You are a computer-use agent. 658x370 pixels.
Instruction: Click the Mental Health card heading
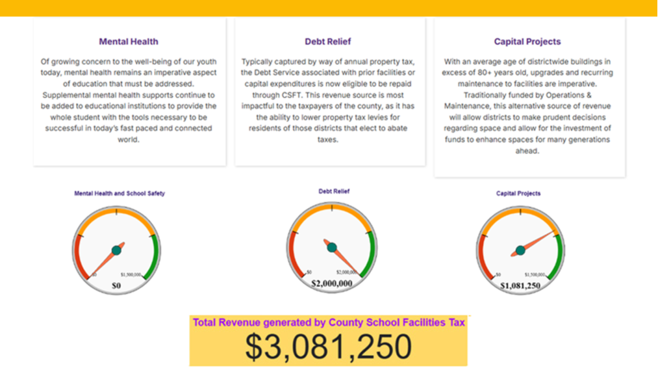(129, 42)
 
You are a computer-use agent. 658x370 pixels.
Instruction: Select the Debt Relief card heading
(328, 42)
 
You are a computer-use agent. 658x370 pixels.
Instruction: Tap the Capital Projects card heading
(527, 42)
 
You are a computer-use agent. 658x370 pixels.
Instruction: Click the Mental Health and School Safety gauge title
(120, 194)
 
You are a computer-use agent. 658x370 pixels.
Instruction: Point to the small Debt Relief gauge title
(334, 192)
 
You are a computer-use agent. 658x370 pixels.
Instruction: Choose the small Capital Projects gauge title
(518, 194)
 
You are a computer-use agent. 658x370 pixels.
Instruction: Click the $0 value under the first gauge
(116, 285)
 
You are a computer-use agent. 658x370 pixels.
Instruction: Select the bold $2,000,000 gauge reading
(332, 284)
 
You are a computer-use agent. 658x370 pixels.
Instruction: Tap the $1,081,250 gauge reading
(520, 285)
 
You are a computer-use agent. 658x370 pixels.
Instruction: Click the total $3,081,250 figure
(328, 347)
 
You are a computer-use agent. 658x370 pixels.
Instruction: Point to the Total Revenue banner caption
(329, 323)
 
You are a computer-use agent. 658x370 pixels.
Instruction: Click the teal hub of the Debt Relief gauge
(332, 248)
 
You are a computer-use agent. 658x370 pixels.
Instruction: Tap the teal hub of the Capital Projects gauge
(520, 250)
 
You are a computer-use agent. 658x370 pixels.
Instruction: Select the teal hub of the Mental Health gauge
(116, 250)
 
